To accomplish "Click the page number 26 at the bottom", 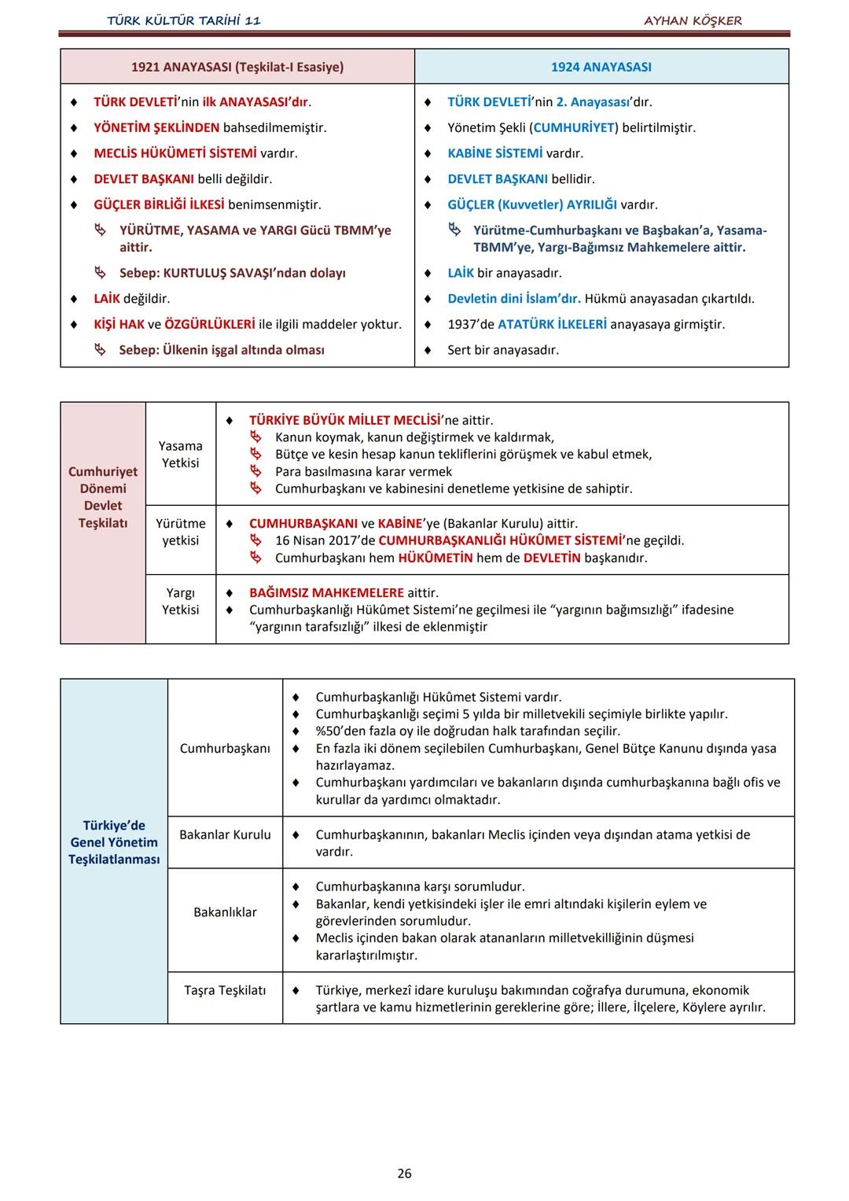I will pos(404,1173).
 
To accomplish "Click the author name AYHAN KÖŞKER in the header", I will pos(693,20).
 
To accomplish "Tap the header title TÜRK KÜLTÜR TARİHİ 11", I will pos(184,20).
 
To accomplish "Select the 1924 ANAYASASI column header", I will pos(601,67).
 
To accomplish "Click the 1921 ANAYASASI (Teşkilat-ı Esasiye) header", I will pos(237,67).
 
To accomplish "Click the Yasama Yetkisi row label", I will pos(181,455).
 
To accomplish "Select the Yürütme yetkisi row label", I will pos(181,532).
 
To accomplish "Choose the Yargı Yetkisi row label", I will pos(181,601).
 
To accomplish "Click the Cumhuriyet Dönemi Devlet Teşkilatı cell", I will pos(103,497).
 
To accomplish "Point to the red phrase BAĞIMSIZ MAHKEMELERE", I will pos(326,592).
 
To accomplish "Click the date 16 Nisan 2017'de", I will pos(325,540).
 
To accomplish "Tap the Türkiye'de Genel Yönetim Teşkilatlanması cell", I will pos(114,842).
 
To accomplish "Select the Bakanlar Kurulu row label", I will pos(225,834).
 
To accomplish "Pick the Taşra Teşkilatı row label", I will pos(225,990).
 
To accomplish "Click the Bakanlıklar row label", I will pos(225,912).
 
